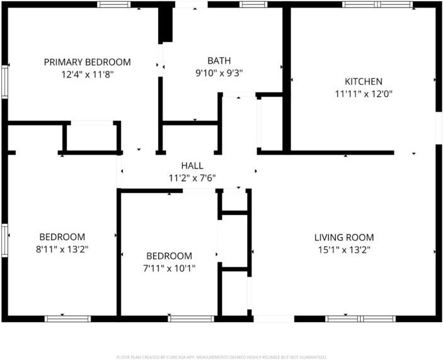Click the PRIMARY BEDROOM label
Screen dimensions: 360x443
tap(87, 62)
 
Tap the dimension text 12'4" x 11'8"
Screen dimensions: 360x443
tap(87, 74)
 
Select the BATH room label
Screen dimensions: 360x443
tap(219, 61)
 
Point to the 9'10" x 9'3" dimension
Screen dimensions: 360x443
tap(219, 73)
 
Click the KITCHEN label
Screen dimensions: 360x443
tap(363, 81)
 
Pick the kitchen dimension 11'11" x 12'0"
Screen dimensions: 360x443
tap(363, 93)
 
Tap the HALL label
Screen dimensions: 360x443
tap(192, 165)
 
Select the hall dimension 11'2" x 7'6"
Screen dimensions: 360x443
tap(192, 177)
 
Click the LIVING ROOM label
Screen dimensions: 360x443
tap(344, 238)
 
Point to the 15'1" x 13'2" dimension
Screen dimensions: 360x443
tap(344, 250)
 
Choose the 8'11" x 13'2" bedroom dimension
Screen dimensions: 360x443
tap(62, 248)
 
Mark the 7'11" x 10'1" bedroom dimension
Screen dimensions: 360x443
tap(169, 268)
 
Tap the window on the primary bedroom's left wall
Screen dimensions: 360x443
tap(4, 83)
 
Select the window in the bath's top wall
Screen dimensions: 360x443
tap(253, 4)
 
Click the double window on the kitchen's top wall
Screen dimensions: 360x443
tap(377, 4)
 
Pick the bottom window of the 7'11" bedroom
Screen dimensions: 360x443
tap(187, 318)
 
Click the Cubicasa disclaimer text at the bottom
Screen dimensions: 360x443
tap(221, 356)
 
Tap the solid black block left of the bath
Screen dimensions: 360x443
tap(166, 24)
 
